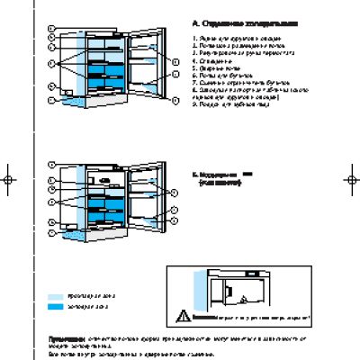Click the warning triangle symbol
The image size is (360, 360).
[x=184, y=315]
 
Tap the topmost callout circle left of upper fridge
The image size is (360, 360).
[x=51, y=29]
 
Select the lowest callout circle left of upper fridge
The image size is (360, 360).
[x=51, y=90]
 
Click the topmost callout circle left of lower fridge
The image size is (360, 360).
[x=51, y=165]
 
